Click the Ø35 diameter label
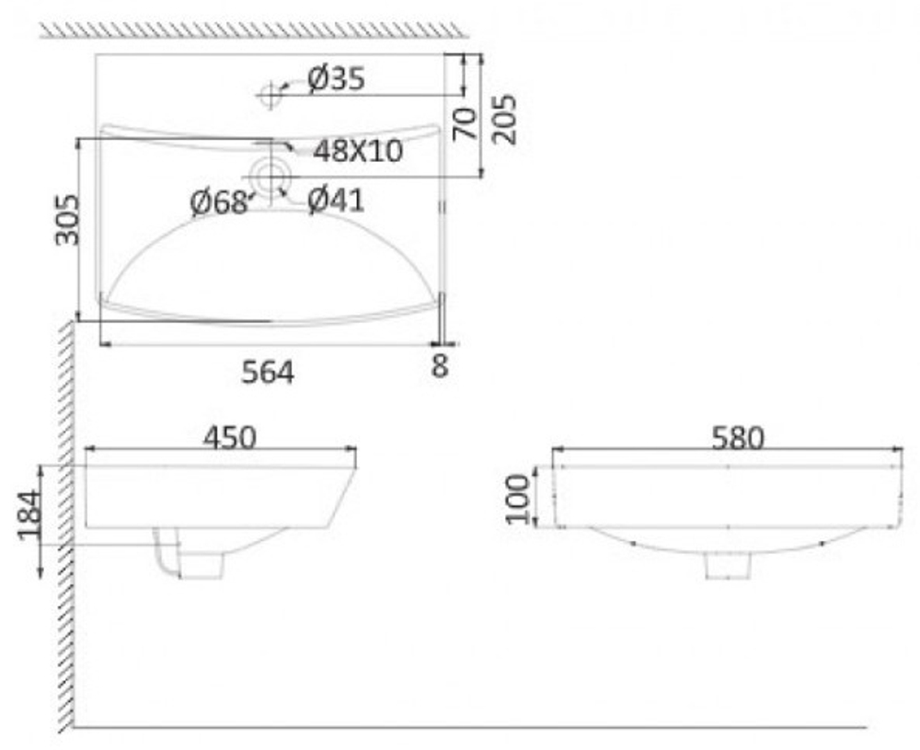[x=336, y=78]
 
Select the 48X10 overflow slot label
[x=358, y=151]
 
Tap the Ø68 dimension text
[x=218, y=203]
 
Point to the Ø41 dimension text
[x=336, y=200]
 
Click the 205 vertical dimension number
[x=504, y=119]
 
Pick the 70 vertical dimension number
[x=466, y=124]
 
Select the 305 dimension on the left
[x=67, y=220]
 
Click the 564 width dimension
[x=268, y=372]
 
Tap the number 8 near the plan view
[x=440, y=365]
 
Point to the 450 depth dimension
[x=230, y=437]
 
